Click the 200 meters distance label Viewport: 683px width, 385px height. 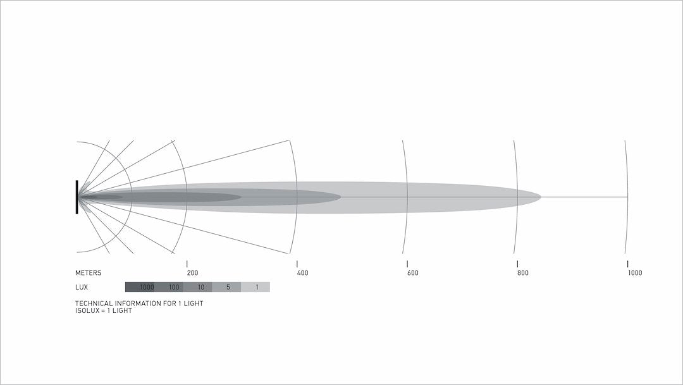(x=192, y=273)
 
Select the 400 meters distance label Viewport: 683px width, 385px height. (x=302, y=273)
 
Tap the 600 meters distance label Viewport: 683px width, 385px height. (x=412, y=273)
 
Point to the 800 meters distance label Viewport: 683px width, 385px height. (x=523, y=273)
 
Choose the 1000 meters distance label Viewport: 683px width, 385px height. (x=635, y=273)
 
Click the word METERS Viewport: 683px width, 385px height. (x=88, y=273)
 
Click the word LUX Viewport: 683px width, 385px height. (x=82, y=287)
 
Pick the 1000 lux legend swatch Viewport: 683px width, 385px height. (x=140, y=287)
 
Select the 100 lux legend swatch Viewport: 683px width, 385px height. (x=169, y=287)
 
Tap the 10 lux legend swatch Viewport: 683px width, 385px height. (x=197, y=287)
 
